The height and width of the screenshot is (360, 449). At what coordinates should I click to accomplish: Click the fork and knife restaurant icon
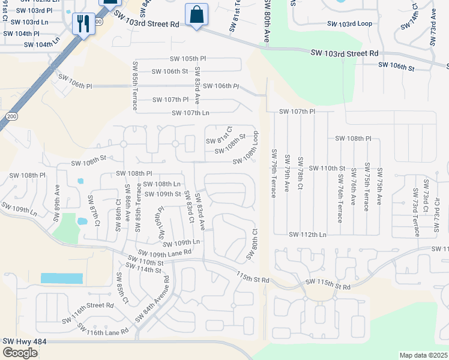[82, 24]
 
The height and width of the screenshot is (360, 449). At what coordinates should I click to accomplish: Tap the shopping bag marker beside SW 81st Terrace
[196, 14]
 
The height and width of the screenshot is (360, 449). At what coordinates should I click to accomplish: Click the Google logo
[20, 352]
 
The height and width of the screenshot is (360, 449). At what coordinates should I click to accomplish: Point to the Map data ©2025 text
[424, 355]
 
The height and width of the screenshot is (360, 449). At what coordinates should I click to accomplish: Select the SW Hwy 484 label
[25, 341]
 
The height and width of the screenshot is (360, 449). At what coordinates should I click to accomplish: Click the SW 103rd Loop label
[349, 24]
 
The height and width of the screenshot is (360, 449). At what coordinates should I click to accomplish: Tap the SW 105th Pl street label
[188, 59]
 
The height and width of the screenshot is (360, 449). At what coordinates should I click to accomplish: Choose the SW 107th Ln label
[190, 113]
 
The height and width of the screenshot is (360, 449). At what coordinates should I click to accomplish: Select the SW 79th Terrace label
[274, 174]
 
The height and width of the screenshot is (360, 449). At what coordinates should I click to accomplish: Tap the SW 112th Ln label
[307, 235]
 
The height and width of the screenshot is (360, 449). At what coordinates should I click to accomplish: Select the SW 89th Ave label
[57, 197]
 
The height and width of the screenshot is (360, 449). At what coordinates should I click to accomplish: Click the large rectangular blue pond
[61, 278]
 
